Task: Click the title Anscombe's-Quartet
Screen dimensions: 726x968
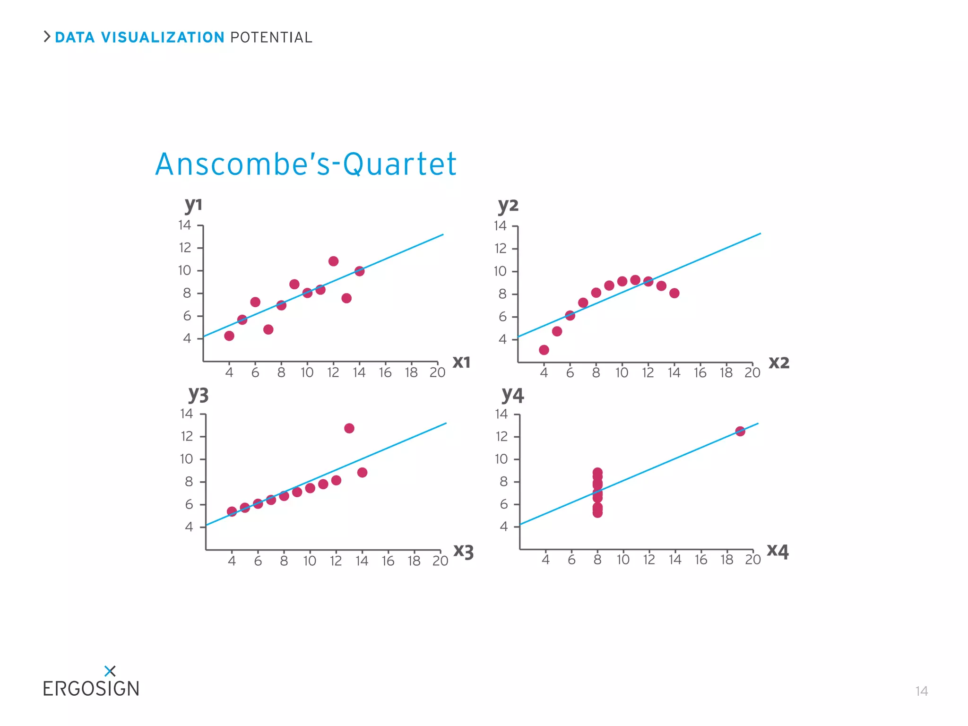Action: [305, 164]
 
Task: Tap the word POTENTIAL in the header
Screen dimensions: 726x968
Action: [271, 37]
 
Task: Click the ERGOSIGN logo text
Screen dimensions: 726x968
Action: [91, 689]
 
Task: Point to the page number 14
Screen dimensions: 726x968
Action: [921, 691]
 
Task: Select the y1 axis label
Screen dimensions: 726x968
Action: [193, 205]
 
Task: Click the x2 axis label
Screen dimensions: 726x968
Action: [779, 363]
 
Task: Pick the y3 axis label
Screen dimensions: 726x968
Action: [198, 394]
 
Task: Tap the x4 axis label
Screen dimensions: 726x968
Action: [778, 551]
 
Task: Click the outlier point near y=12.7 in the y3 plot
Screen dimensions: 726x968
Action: [349, 428]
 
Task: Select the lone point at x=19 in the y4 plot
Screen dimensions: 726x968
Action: [740, 431]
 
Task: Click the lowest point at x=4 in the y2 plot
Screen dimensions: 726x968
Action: [544, 350]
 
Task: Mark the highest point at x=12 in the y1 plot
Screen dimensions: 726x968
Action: [333, 261]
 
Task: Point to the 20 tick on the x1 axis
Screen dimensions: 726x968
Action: [437, 373]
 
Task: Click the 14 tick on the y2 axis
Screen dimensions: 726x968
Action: [500, 226]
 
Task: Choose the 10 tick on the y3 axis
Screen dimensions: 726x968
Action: [186, 459]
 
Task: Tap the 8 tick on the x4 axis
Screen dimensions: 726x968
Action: [597, 560]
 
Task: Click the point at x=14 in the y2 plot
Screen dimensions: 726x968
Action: [674, 293]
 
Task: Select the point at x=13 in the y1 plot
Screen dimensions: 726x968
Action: [346, 298]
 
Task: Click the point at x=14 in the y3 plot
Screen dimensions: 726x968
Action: [363, 473]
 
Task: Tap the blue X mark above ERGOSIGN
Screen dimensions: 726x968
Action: [110, 671]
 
